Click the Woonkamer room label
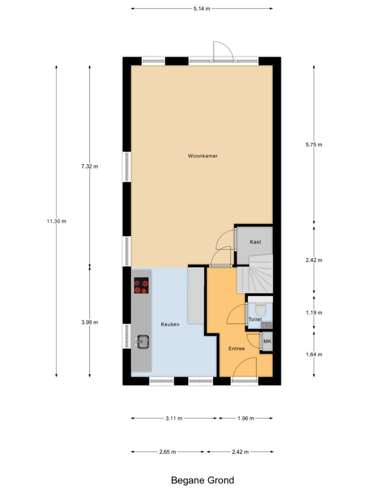click(x=203, y=156)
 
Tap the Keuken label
click(x=170, y=324)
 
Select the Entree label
click(x=236, y=348)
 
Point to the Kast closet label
click(x=256, y=242)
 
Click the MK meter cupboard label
click(x=267, y=341)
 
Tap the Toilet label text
click(x=255, y=319)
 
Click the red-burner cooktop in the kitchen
click(x=142, y=285)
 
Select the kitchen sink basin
click(x=143, y=342)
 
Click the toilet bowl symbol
click(x=260, y=309)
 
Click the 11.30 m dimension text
click(x=57, y=221)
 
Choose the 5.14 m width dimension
click(x=202, y=9)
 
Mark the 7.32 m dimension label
click(x=90, y=166)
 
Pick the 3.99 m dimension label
click(x=90, y=322)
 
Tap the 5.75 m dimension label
click(x=314, y=145)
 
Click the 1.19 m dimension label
click(x=314, y=312)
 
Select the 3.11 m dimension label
click(x=174, y=418)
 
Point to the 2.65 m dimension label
click(x=168, y=452)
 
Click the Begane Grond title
click(x=202, y=480)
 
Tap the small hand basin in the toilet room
click(x=267, y=325)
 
